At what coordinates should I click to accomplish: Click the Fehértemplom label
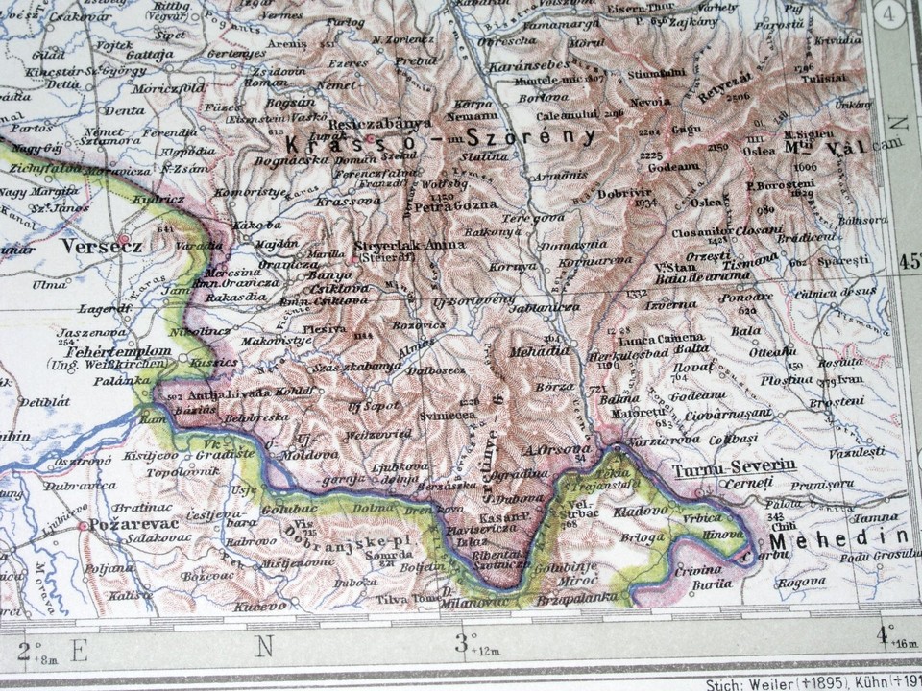click(113, 352)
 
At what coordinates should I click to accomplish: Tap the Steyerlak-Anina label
click(409, 246)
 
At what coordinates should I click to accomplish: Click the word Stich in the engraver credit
click(723, 684)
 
